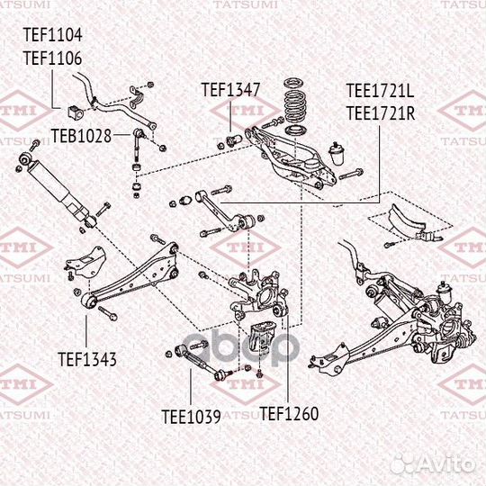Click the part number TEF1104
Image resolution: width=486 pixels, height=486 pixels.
tap(52, 37)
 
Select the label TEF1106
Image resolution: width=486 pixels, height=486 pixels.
tap(52, 58)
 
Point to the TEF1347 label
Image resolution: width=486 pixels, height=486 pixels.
tap(230, 90)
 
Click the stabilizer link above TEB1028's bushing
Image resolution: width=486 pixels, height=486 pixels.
tap(136, 148)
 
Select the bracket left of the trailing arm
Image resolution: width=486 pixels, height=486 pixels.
tap(82, 261)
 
